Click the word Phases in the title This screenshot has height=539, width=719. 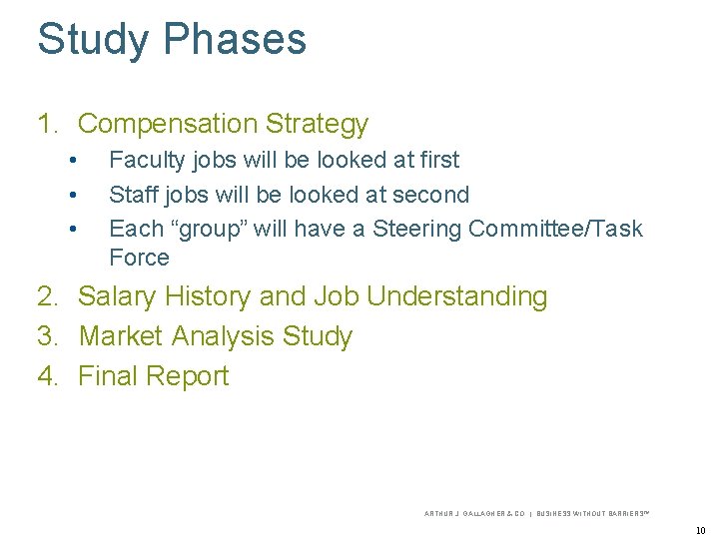[x=235, y=40]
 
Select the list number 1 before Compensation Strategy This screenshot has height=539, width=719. [x=45, y=124]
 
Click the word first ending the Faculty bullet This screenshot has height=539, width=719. [x=437, y=160]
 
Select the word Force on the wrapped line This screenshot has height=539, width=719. [x=139, y=258]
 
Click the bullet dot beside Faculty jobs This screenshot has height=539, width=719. [x=72, y=161]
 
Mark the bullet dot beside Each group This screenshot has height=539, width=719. [x=72, y=230]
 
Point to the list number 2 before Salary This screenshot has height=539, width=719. [x=46, y=296]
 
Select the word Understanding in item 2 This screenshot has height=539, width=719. [x=457, y=296]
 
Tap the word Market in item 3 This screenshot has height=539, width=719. [x=121, y=336]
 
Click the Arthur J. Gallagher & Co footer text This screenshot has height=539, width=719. [x=475, y=513]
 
